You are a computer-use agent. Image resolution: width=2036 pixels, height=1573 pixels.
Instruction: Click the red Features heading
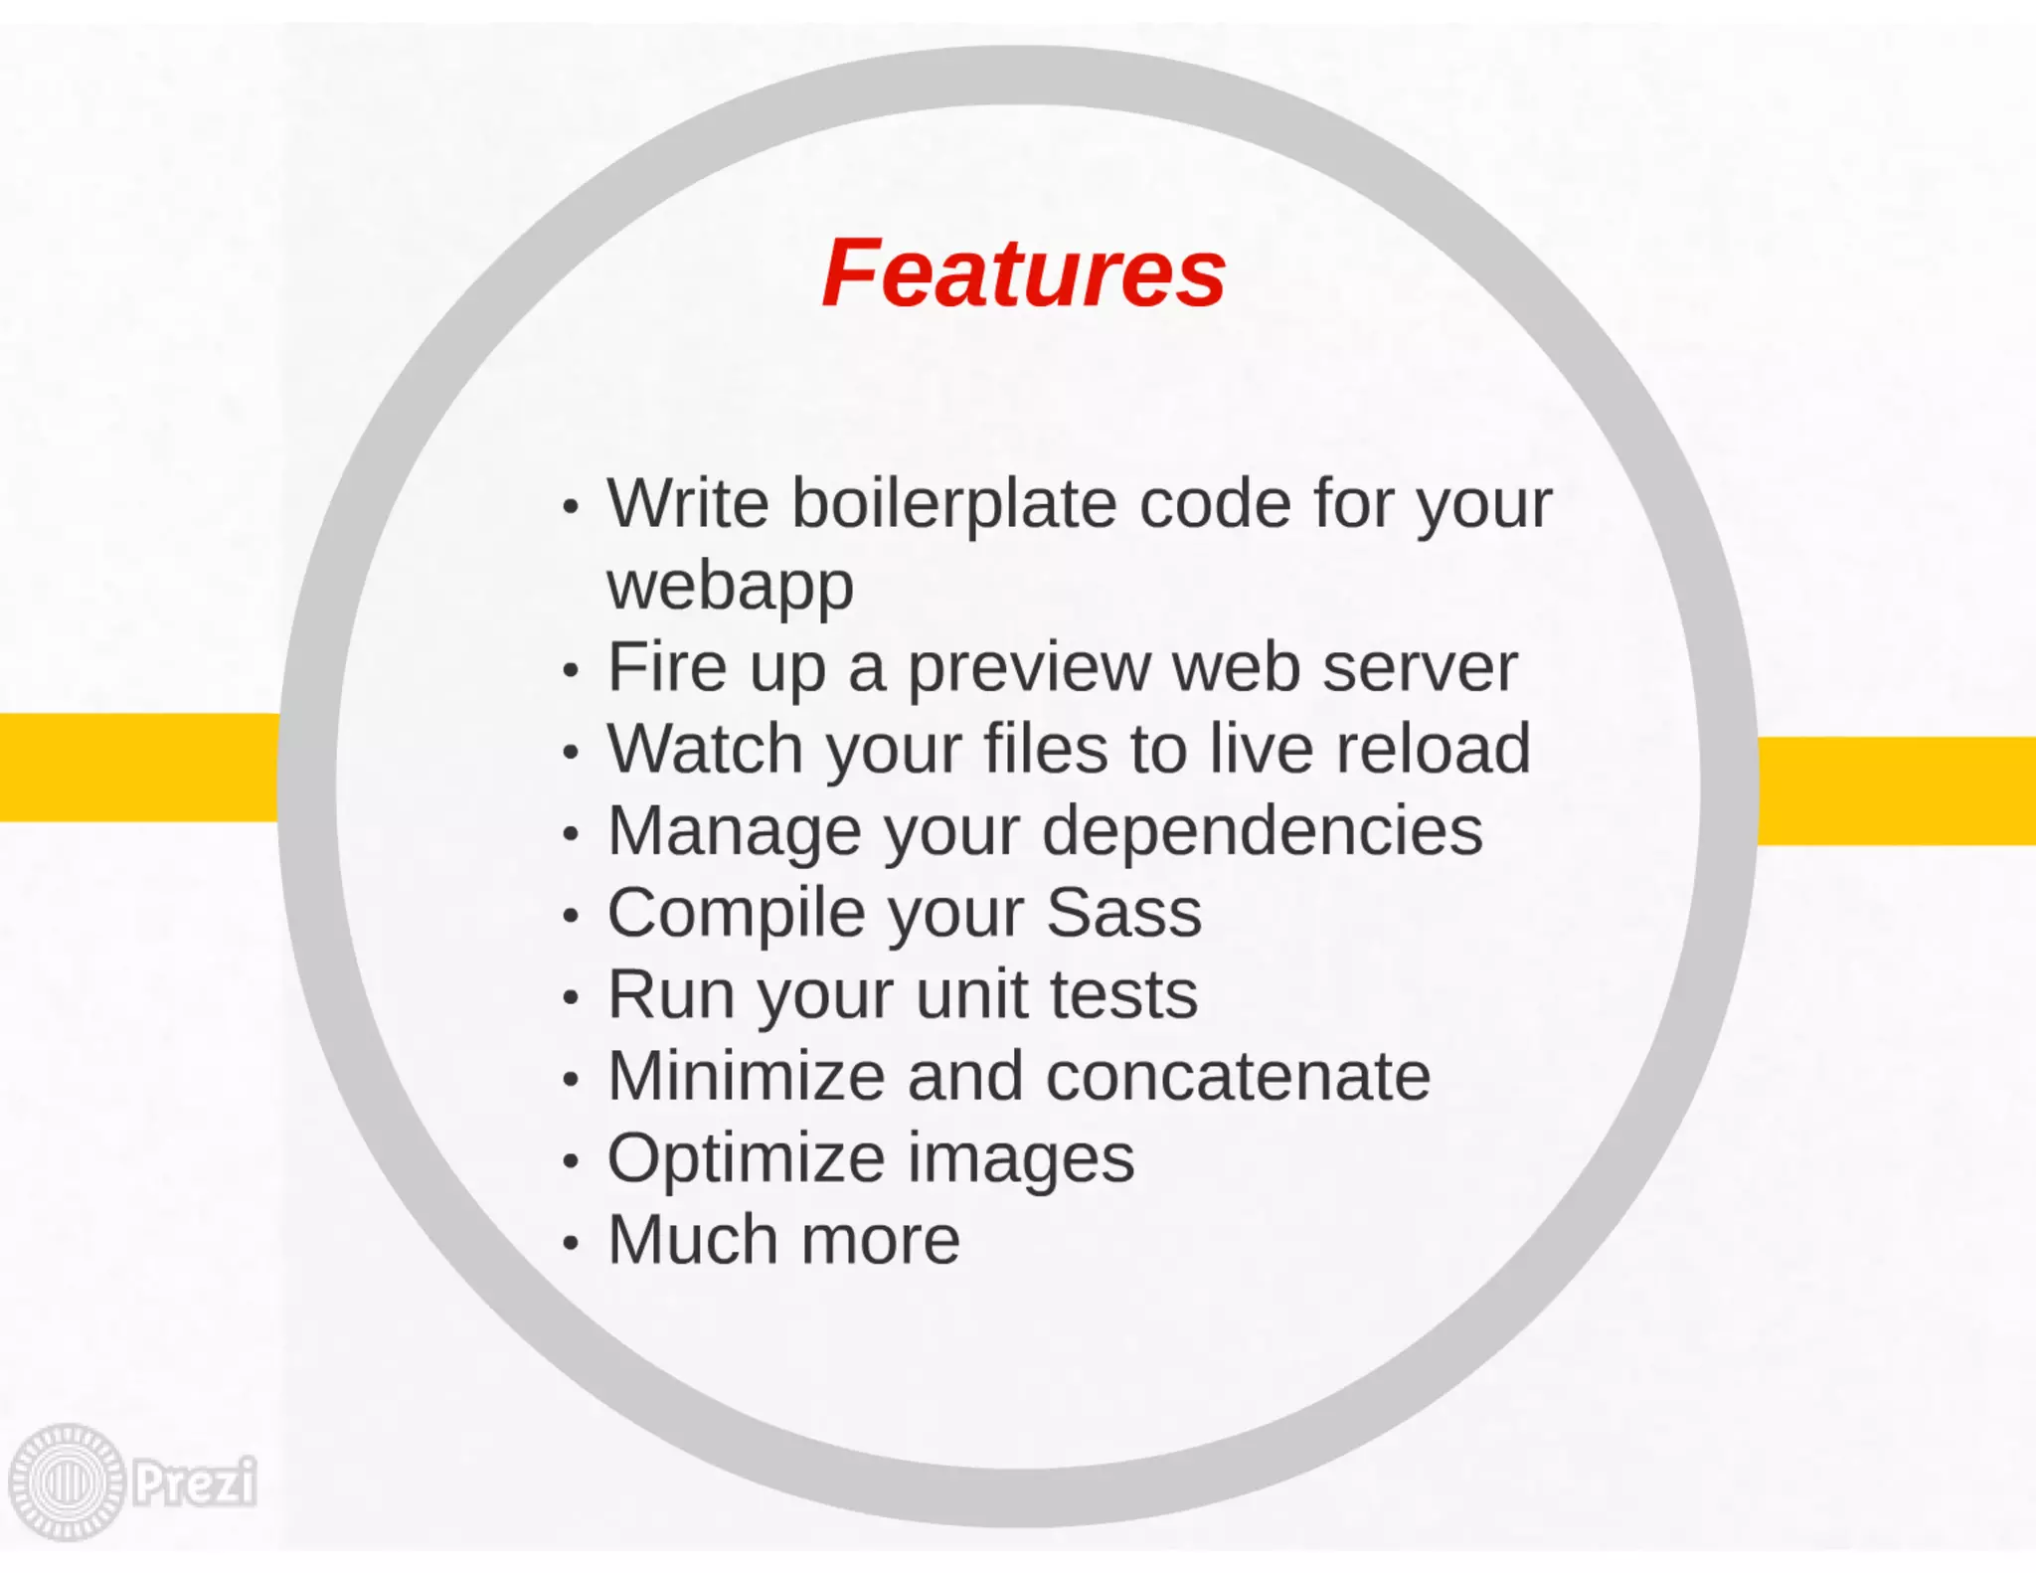(x=1023, y=273)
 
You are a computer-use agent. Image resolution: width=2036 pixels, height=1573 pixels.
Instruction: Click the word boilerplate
(x=953, y=504)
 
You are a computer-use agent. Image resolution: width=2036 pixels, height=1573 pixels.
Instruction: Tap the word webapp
(x=730, y=587)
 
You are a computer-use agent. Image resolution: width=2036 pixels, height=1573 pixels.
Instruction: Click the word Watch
(x=705, y=749)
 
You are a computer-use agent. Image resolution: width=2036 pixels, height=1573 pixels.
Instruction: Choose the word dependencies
(x=1262, y=831)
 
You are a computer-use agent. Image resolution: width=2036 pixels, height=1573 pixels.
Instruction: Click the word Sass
(x=1123, y=912)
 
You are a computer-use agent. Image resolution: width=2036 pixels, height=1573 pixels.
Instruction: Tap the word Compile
(x=737, y=914)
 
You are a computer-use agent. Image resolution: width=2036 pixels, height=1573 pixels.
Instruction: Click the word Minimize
(x=746, y=1076)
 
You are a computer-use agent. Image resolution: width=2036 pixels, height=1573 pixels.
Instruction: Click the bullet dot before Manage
(x=570, y=833)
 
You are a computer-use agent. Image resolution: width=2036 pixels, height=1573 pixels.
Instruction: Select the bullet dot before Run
(x=570, y=996)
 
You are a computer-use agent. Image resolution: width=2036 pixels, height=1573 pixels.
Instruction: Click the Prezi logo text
(x=195, y=1482)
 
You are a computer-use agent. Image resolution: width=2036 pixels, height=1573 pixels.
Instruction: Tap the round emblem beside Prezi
(x=67, y=1482)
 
